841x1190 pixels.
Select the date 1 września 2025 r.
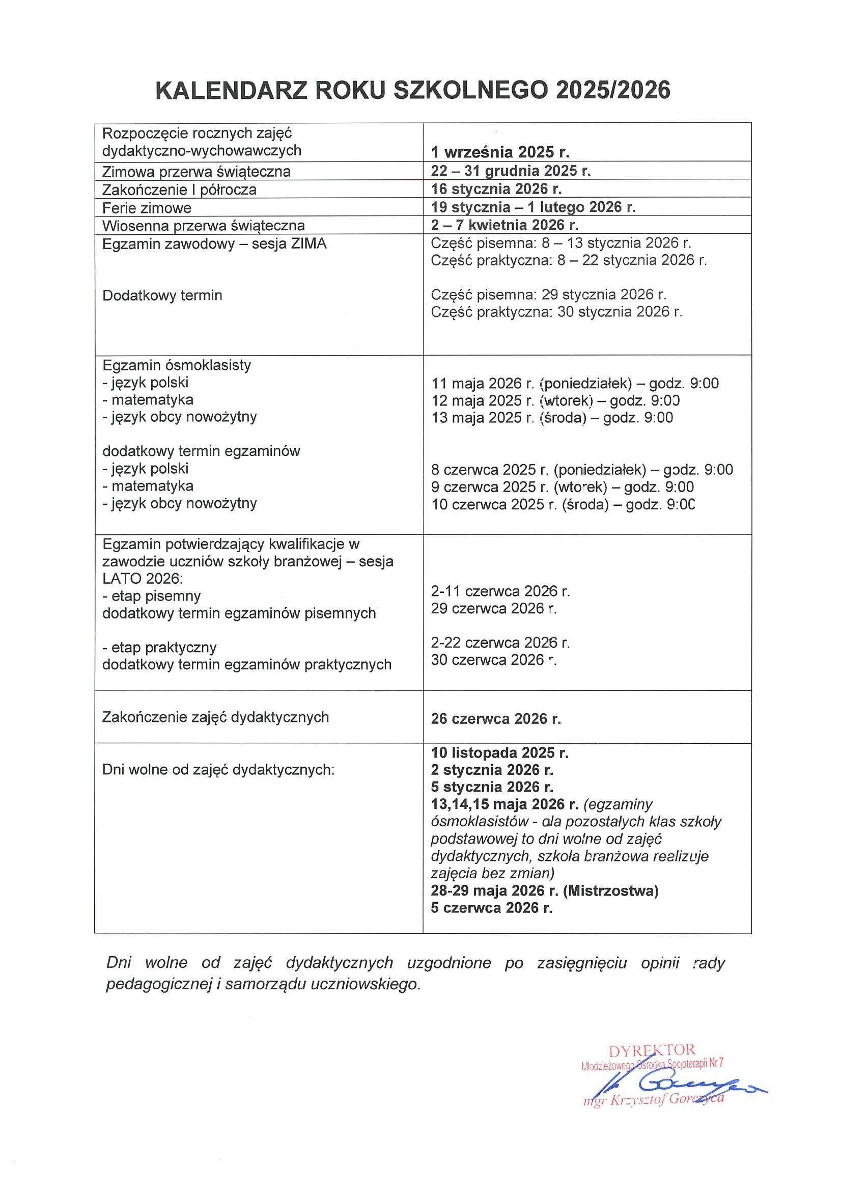pos(500,152)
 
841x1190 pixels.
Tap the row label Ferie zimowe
pos(147,208)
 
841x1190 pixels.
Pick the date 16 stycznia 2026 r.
pos(497,188)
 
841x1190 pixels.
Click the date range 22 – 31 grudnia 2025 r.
pos(511,171)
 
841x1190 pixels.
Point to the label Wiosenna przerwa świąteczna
pos(204,226)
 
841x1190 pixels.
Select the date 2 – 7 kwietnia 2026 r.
pos(504,225)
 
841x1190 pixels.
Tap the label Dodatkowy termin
pos(162,295)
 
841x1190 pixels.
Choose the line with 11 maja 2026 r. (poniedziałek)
pos(575,384)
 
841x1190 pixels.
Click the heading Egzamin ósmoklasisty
pos(177,365)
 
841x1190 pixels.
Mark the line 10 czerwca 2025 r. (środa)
pos(563,504)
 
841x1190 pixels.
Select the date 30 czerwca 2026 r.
pos(493,660)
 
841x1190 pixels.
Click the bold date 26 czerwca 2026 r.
pos(496,719)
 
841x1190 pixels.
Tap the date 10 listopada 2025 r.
pos(500,752)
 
